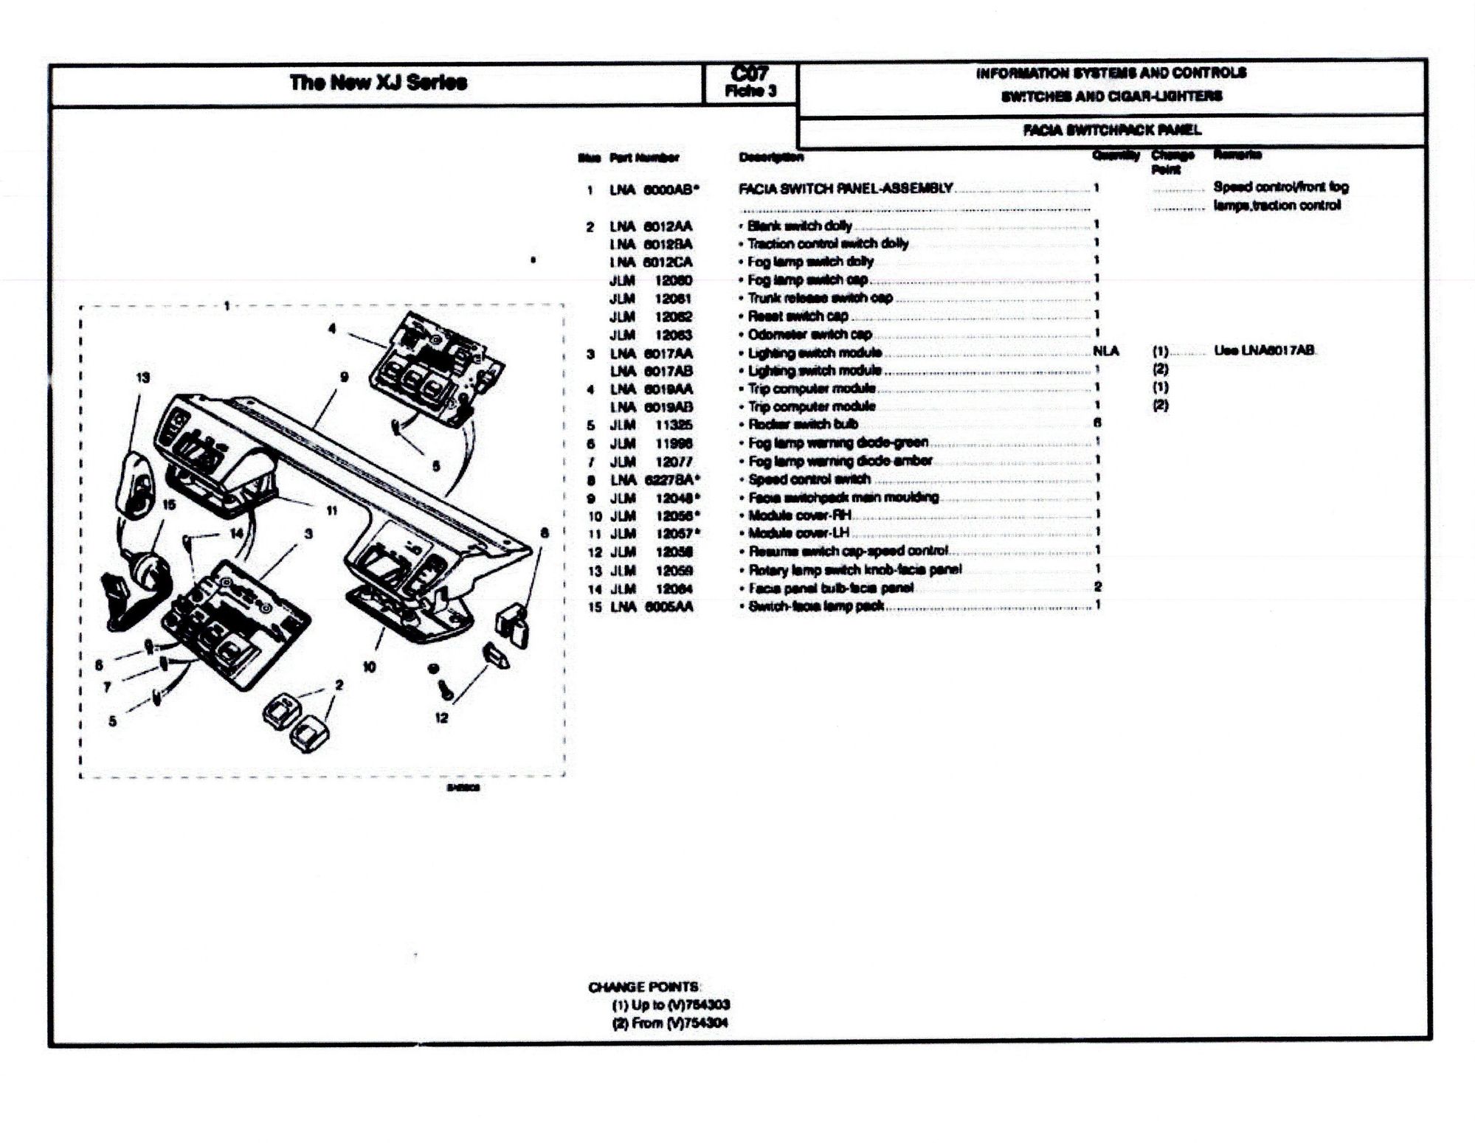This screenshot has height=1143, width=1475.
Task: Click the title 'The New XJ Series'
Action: (x=378, y=82)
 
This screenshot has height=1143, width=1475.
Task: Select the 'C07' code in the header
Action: (x=750, y=74)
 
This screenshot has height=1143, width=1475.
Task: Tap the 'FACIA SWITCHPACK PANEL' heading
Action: (x=1111, y=131)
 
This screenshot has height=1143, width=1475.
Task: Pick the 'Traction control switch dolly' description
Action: (x=827, y=244)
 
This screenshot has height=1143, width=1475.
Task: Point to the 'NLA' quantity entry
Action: (x=1105, y=352)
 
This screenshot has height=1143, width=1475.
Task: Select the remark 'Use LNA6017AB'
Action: (x=1264, y=351)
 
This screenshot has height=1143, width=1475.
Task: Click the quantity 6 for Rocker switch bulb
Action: (x=1097, y=423)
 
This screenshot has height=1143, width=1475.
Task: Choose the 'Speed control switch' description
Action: (x=809, y=479)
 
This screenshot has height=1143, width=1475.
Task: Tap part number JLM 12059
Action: (x=651, y=571)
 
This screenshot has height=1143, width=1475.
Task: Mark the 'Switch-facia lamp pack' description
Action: (x=816, y=607)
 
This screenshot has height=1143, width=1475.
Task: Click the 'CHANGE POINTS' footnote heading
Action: (x=643, y=987)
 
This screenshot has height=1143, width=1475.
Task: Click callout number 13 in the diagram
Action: (x=142, y=378)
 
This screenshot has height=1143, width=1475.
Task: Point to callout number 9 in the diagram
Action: (x=344, y=377)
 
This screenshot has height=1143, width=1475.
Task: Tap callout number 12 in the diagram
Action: (x=441, y=718)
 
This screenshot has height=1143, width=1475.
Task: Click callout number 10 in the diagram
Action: (x=369, y=667)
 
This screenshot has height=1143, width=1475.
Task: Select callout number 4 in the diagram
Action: (x=332, y=329)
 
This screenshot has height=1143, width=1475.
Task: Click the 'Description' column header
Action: (x=771, y=157)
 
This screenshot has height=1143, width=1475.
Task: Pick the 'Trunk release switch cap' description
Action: (x=820, y=298)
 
